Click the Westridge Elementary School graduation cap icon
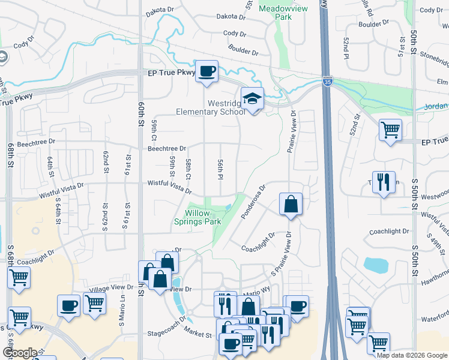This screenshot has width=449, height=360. pyautogui.click(x=253, y=99)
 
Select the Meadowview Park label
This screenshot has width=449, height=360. pyautogui.click(x=274, y=13)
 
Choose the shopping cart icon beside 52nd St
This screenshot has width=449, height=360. pyautogui.click(x=391, y=129)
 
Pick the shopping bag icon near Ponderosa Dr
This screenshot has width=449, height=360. pyautogui.click(x=291, y=204)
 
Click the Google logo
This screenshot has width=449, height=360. pyautogui.click(x=20, y=353)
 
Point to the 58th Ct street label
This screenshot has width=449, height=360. pyautogui.click(x=188, y=170)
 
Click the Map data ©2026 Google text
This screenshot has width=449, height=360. pyautogui.click(x=412, y=355)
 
